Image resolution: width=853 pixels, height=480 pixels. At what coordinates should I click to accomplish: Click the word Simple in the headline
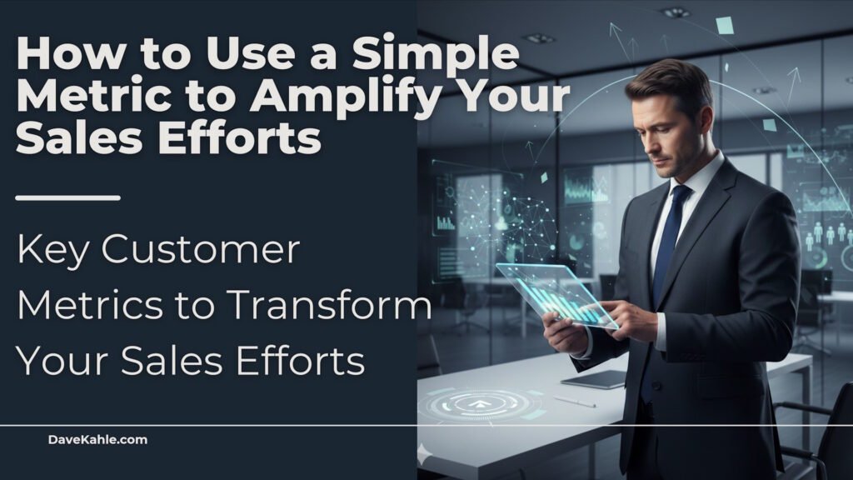[436, 54]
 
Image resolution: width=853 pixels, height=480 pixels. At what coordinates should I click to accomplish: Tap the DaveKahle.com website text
[97, 440]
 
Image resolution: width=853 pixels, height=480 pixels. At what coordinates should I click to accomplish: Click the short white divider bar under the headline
[68, 197]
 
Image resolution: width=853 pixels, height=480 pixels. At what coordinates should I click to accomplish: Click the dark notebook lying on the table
[594, 379]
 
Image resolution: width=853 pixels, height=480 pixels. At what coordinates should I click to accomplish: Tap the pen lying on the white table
[575, 402]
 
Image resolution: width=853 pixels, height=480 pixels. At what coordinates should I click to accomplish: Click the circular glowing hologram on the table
[479, 404]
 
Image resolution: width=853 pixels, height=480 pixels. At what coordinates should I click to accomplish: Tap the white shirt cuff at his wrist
[661, 332]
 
